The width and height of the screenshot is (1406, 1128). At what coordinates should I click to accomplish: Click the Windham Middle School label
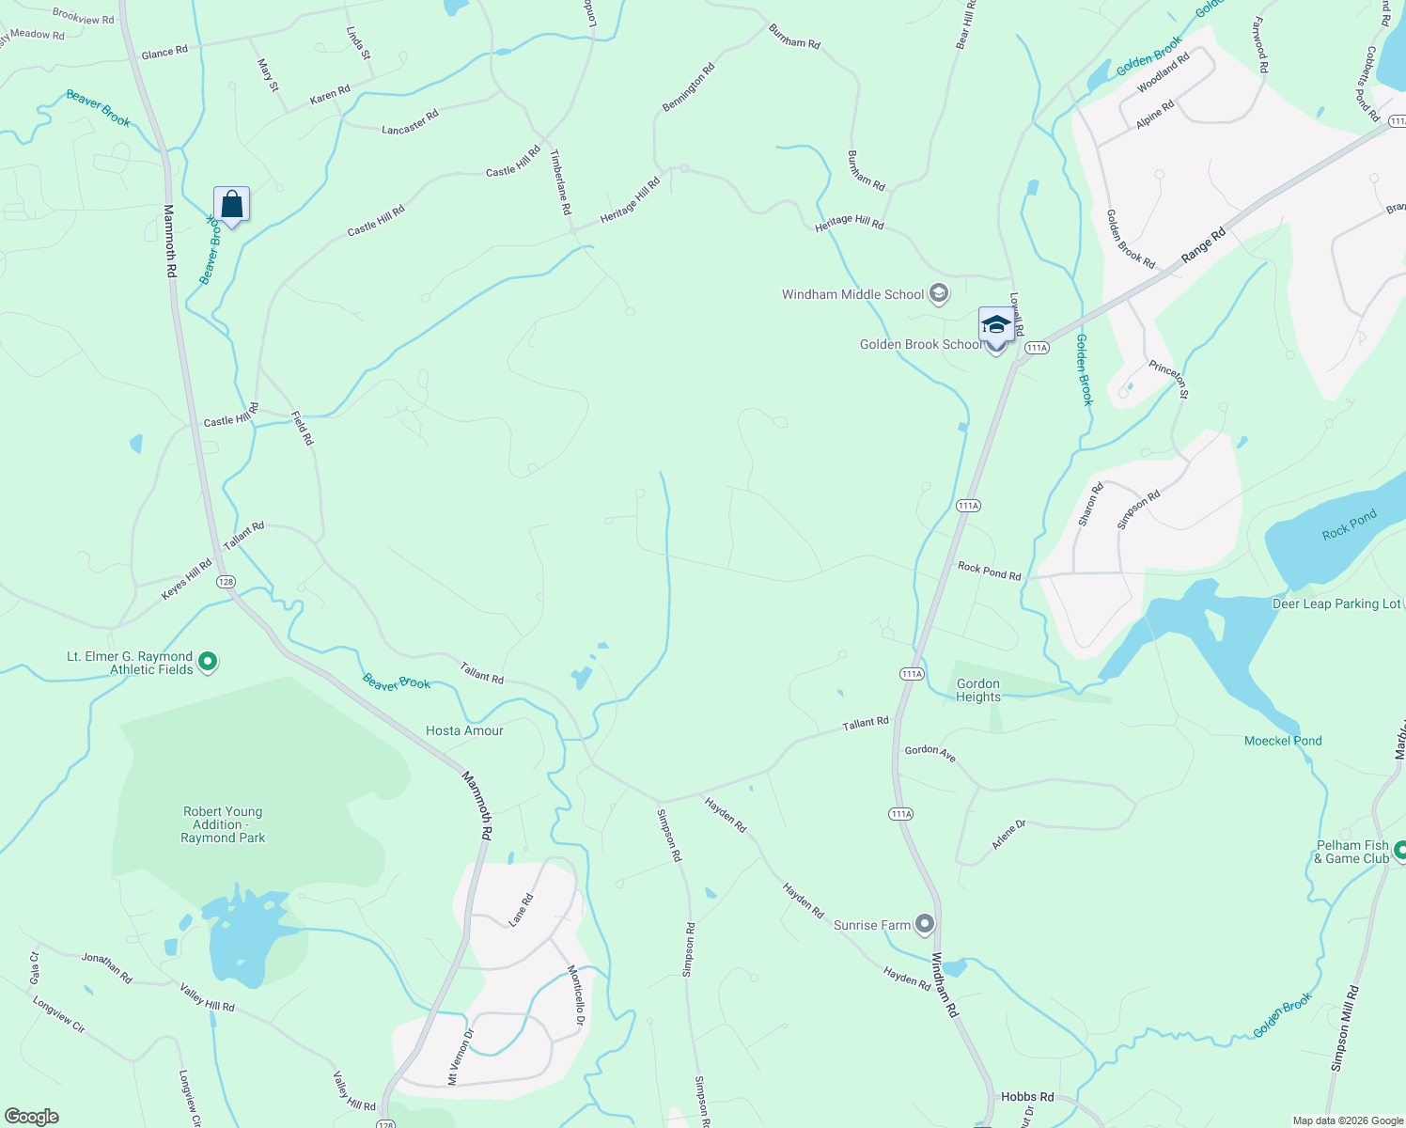[x=852, y=294]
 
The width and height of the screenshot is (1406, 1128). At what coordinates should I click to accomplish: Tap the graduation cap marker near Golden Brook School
[x=996, y=326]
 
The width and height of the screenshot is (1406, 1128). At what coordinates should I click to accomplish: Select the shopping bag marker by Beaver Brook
[x=231, y=204]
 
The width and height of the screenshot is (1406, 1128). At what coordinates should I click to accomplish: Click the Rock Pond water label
[x=1349, y=525]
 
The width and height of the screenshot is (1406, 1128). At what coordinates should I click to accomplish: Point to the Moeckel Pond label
[x=1283, y=741]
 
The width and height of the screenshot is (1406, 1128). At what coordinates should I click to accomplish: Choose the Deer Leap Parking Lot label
[x=1336, y=603]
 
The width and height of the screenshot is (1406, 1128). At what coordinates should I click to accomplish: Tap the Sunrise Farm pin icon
[x=925, y=925]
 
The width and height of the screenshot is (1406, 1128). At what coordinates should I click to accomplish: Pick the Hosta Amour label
[x=464, y=730]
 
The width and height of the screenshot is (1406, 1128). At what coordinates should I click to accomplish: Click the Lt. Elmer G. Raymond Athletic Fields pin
[x=209, y=663]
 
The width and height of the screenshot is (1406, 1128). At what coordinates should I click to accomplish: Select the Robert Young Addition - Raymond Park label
[x=223, y=824]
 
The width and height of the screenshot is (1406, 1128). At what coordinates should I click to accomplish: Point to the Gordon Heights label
[x=978, y=690]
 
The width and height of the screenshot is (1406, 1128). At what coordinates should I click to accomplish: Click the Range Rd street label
[x=1204, y=245]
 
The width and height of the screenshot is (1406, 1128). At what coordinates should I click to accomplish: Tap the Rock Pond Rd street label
[x=989, y=571]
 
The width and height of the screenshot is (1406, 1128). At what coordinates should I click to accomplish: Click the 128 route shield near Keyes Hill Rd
[x=226, y=582]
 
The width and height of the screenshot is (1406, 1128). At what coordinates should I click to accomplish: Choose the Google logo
[x=32, y=1117]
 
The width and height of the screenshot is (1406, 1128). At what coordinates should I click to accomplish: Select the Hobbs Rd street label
[x=1027, y=1096]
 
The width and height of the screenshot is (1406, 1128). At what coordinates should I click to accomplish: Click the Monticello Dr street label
[x=576, y=995]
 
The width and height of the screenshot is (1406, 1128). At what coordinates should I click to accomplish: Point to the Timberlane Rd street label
[x=561, y=181]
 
